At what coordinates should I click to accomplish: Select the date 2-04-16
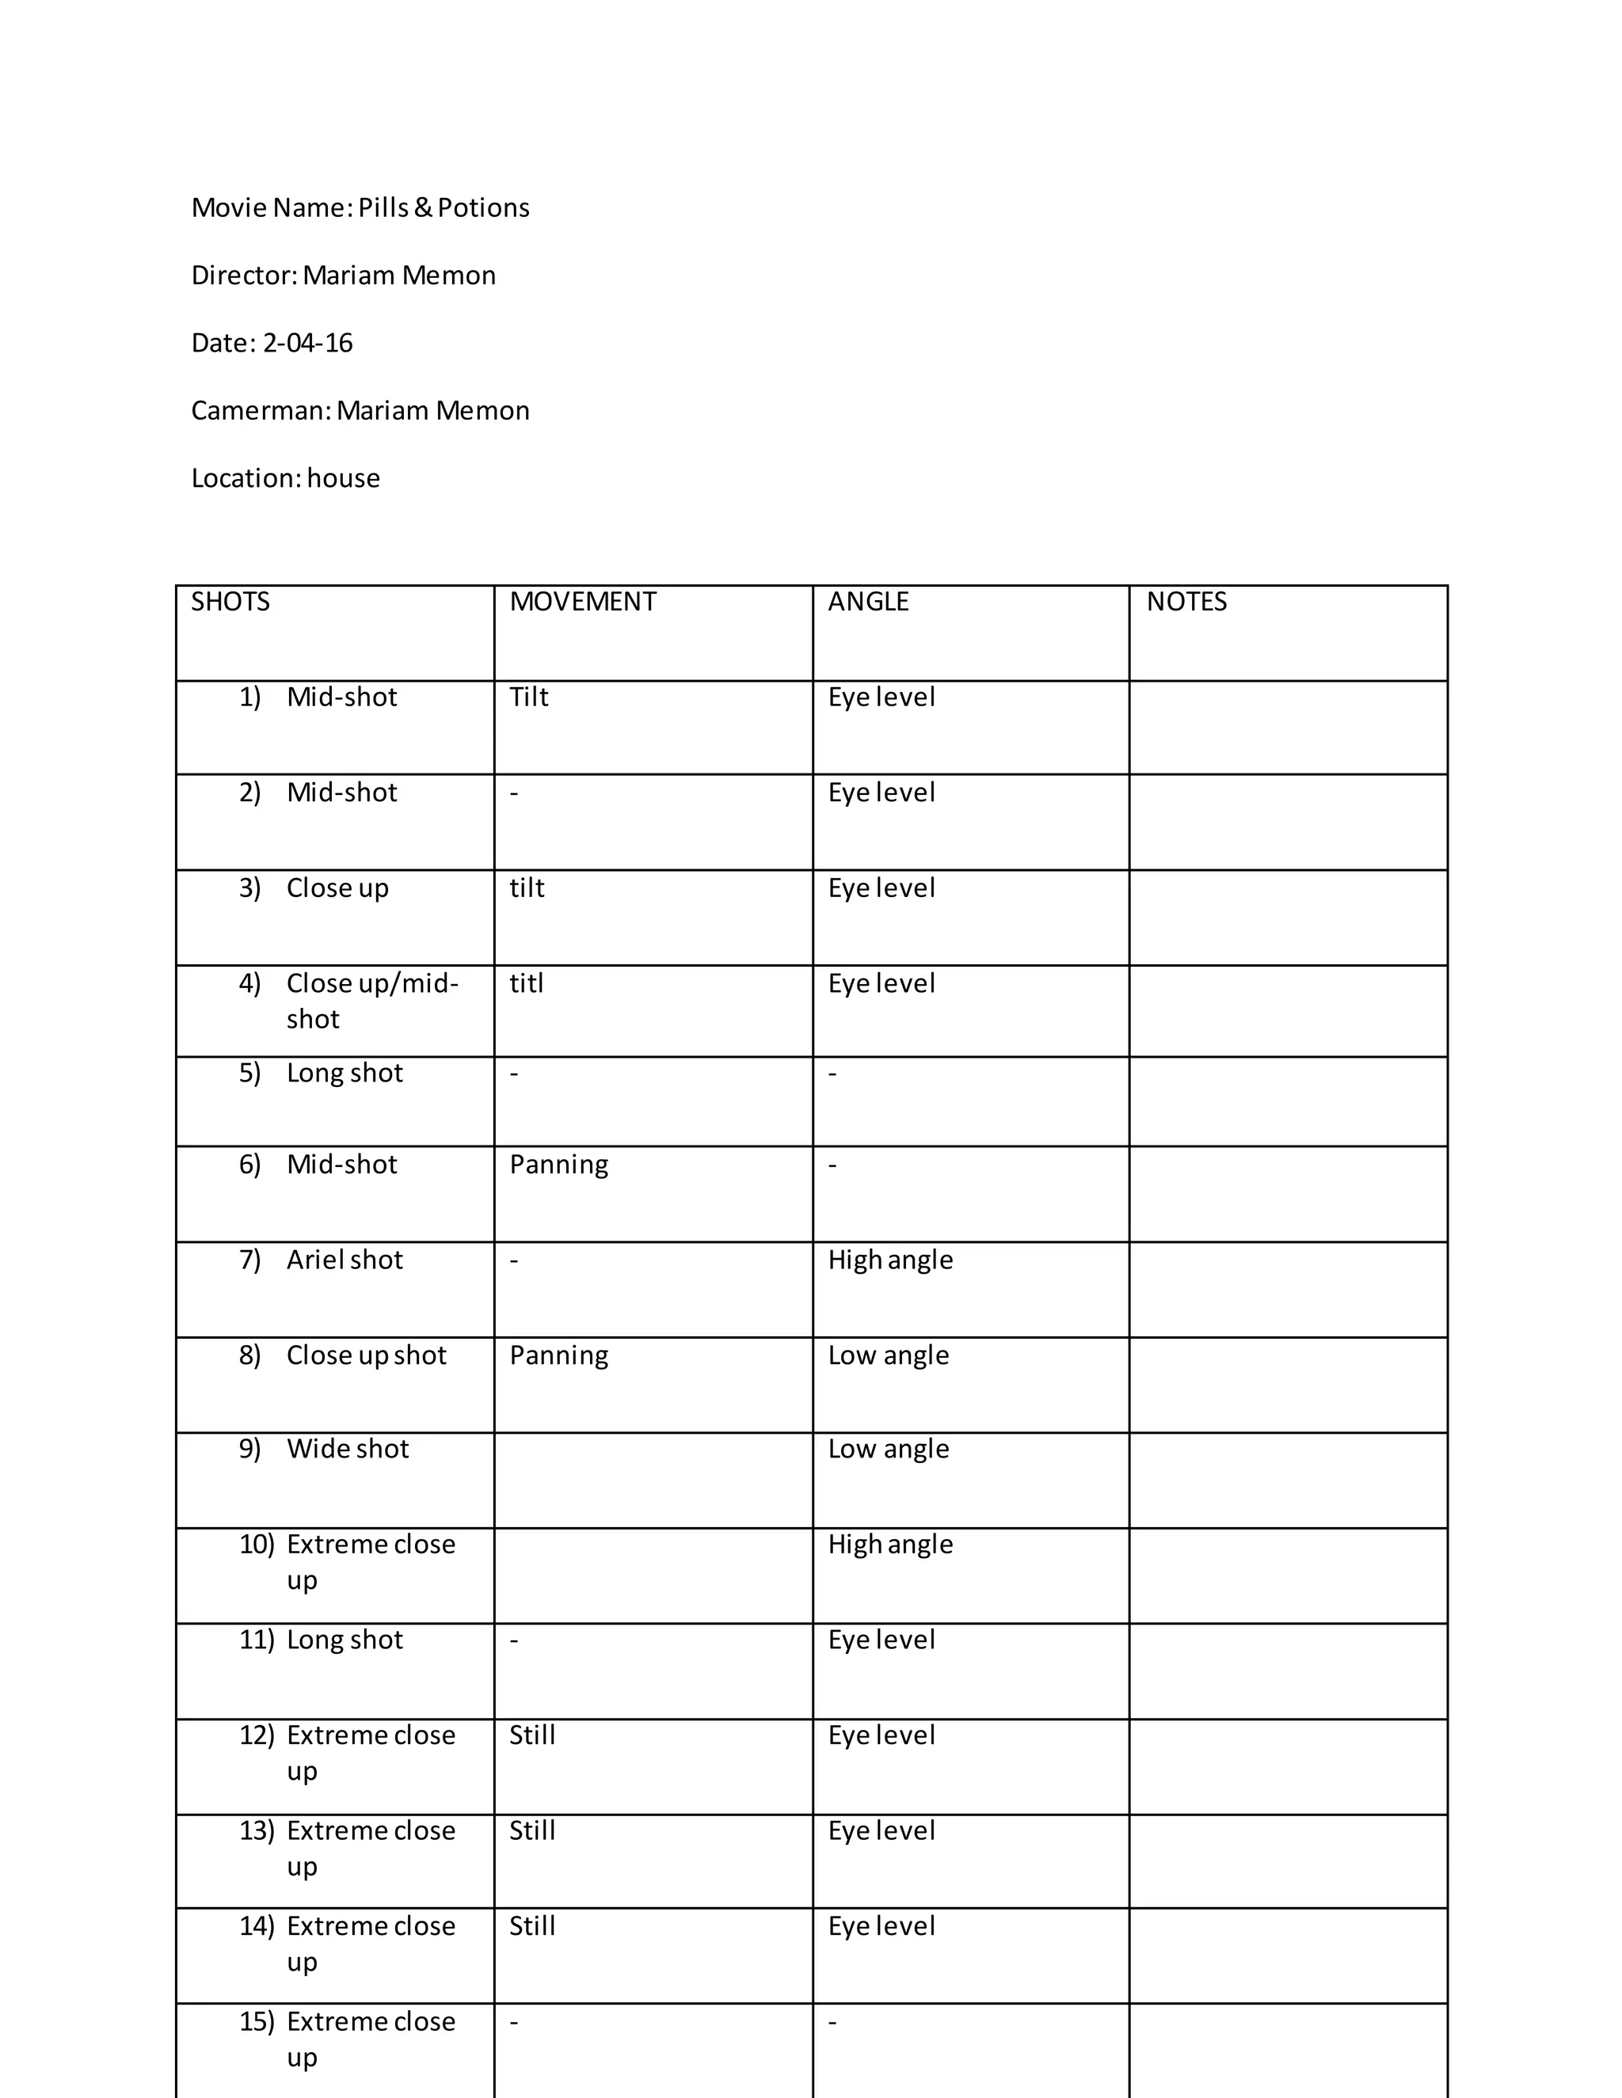click(x=307, y=343)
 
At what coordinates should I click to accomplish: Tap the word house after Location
click(x=343, y=478)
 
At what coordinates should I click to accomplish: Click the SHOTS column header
click(x=230, y=602)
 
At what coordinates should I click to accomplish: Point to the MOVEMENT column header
click(x=582, y=602)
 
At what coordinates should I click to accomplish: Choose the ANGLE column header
click(x=868, y=602)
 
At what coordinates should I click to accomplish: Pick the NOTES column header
click(x=1186, y=602)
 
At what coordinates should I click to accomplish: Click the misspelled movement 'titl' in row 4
click(x=527, y=983)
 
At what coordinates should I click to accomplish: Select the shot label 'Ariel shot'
click(x=344, y=1260)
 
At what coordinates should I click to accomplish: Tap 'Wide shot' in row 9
click(x=347, y=1449)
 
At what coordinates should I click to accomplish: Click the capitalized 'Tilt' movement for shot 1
click(x=528, y=697)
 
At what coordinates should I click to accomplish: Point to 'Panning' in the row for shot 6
click(x=558, y=1165)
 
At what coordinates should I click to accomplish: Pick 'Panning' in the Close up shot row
click(x=558, y=1355)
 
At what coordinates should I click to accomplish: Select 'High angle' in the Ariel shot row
click(x=889, y=1260)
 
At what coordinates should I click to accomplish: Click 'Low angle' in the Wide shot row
click(x=888, y=1449)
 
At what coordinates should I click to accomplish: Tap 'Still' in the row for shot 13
click(x=531, y=1831)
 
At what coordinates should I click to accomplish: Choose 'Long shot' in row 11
click(x=344, y=1640)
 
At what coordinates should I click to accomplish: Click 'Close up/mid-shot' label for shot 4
click(x=372, y=1000)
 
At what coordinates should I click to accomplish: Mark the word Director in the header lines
click(x=244, y=276)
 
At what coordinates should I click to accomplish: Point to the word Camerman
click(x=261, y=411)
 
